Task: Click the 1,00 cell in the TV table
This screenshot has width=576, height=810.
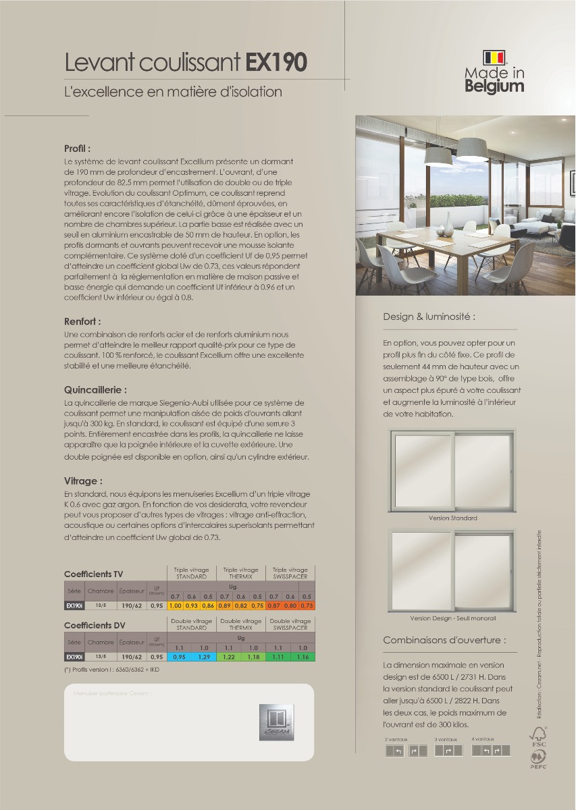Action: coord(175,606)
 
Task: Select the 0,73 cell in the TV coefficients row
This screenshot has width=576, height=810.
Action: coord(307,606)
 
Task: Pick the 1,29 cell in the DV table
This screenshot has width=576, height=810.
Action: coord(204,657)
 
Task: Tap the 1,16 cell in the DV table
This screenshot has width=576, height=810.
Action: coord(303,657)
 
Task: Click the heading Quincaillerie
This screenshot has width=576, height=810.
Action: coord(95,390)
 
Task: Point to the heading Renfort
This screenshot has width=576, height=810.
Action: coord(82,321)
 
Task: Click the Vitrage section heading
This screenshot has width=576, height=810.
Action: coord(83,481)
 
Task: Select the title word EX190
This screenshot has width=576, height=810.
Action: coord(276,63)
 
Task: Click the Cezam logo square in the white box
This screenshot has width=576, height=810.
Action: coord(277,722)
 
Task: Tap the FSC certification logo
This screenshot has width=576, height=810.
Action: coord(538,736)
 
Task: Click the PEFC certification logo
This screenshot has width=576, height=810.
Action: coord(538,761)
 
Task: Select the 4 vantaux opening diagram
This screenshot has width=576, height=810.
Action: coord(491,751)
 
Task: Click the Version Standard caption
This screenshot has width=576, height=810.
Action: coord(452,518)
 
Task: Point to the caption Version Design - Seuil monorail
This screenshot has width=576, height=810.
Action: coord(453,618)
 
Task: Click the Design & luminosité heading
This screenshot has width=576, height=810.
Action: coord(429,317)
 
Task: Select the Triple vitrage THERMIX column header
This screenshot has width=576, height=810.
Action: coord(240,573)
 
